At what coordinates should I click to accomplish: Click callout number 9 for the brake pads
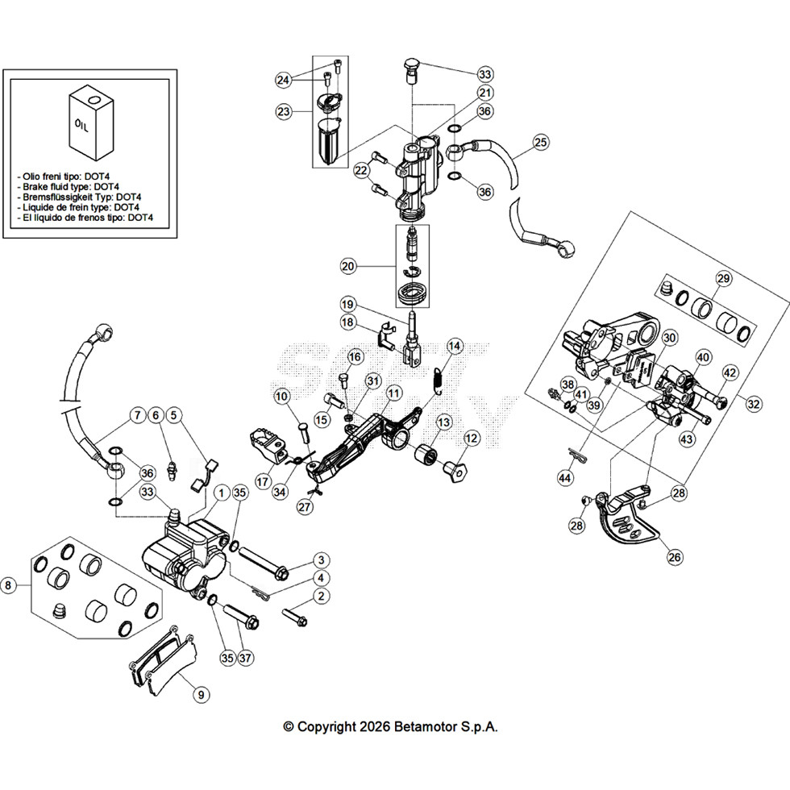pyautogui.click(x=201, y=695)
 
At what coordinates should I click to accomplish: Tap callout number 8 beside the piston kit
pyautogui.click(x=8, y=585)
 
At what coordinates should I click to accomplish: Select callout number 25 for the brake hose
pyautogui.click(x=541, y=142)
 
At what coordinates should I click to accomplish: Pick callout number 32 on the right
pyautogui.click(x=753, y=404)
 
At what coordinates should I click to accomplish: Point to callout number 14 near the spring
pyautogui.click(x=455, y=346)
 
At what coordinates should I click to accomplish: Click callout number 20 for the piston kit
pyautogui.click(x=348, y=266)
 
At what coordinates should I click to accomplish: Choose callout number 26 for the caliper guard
pyautogui.click(x=675, y=557)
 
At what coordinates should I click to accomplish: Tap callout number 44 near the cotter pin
pyautogui.click(x=565, y=477)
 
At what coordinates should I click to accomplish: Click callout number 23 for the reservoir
pyautogui.click(x=284, y=111)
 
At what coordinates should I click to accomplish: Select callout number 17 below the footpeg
pyautogui.click(x=263, y=482)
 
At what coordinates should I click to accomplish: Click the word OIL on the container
pyautogui.click(x=81, y=125)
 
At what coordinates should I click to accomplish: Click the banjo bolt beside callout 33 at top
pyautogui.click(x=412, y=72)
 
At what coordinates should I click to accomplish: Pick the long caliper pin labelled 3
pyautogui.click(x=262, y=563)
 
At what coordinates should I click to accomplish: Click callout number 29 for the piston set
pyautogui.click(x=723, y=278)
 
